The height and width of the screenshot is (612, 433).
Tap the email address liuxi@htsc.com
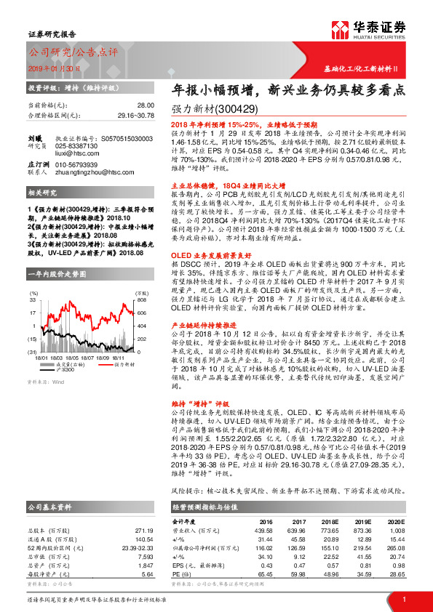pyautogui.click(x=75, y=154)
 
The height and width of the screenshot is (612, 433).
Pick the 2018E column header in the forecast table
pyautogui.click(x=332, y=522)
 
